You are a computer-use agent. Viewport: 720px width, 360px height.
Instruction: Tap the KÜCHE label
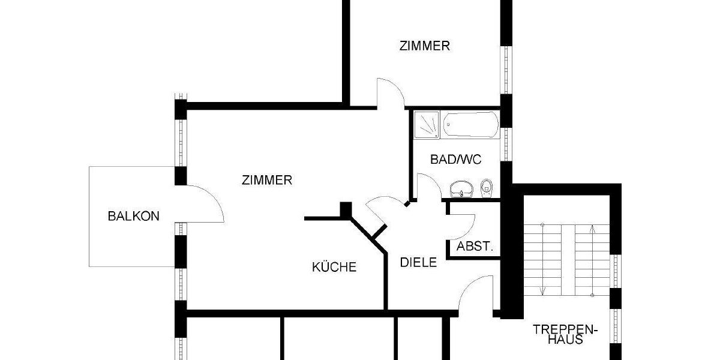(x=334, y=267)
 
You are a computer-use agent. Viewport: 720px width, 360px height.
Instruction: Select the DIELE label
(x=418, y=262)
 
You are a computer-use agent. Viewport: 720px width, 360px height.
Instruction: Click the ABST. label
(x=475, y=246)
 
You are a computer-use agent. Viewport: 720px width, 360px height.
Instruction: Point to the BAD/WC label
(x=456, y=159)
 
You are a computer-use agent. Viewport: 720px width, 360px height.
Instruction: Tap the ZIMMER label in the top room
(x=425, y=46)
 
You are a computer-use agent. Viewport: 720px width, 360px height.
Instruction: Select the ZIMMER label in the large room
(x=267, y=179)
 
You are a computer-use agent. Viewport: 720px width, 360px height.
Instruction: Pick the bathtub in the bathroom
(x=471, y=125)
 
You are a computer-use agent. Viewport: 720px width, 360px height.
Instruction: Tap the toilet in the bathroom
(x=487, y=187)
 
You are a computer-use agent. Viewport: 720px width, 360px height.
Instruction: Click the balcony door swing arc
(x=207, y=201)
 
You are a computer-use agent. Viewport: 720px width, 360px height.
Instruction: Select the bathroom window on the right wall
(x=506, y=144)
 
